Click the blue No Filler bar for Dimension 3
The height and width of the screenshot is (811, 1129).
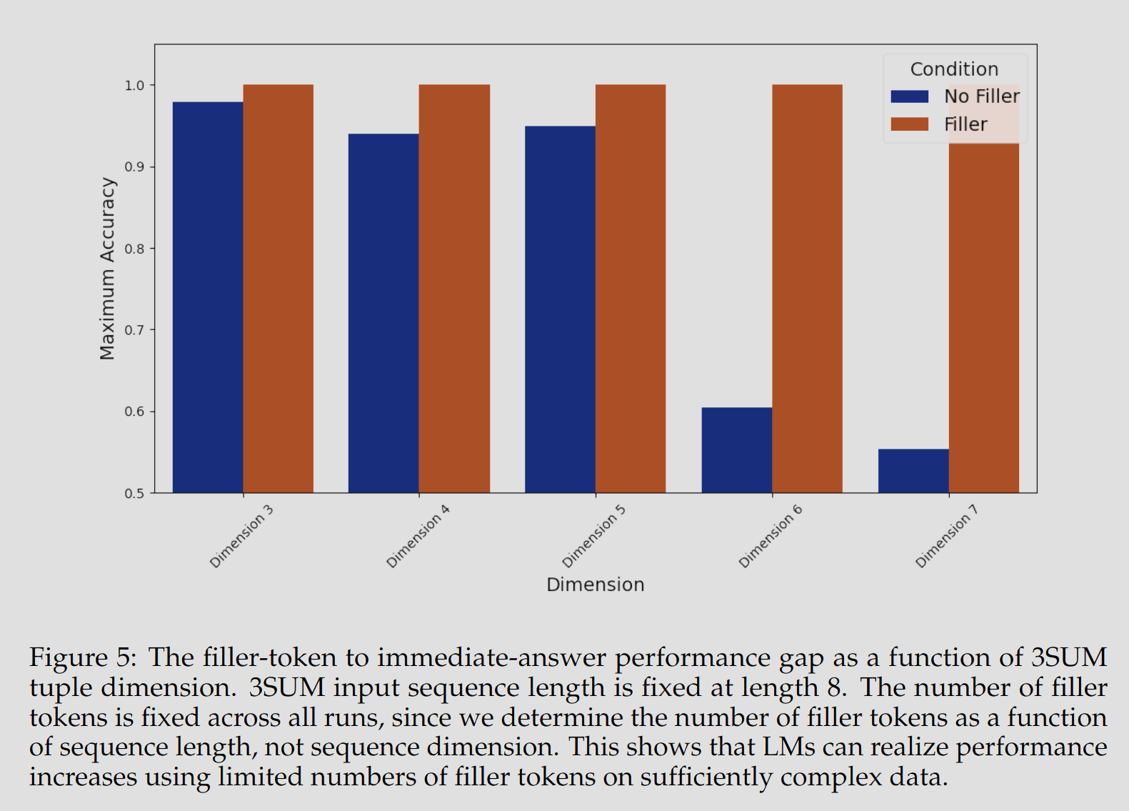pos(208,297)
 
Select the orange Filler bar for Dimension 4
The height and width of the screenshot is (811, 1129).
pos(454,289)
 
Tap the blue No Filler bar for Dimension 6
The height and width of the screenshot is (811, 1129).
pos(737,450)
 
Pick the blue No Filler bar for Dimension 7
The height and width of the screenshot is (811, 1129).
pos(913,471)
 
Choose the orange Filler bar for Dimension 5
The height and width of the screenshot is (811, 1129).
pos(631,289)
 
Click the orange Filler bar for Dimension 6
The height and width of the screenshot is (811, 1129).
pos(807,289)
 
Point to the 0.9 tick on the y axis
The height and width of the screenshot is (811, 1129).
pos(151,166)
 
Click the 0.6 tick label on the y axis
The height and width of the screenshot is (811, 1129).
pos(134,412)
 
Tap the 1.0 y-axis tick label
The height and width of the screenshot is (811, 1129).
pos(134,85)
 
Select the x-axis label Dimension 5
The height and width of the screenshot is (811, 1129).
pos(593,536)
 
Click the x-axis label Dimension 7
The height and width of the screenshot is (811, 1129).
pos(947,536)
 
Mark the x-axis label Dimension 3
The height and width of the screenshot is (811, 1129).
pos(241,536)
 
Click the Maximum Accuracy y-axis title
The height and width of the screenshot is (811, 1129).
pos(107,269)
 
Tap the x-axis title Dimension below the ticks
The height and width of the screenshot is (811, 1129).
pos(596,584)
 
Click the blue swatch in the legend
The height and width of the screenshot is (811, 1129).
pos(909,96)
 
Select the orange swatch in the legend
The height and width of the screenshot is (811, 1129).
pos(909,124)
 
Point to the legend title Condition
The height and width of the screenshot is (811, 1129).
pos(954,69)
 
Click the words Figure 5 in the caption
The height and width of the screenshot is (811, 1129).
pos(83,657)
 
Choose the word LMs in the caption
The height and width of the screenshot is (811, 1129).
pos(789,747)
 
